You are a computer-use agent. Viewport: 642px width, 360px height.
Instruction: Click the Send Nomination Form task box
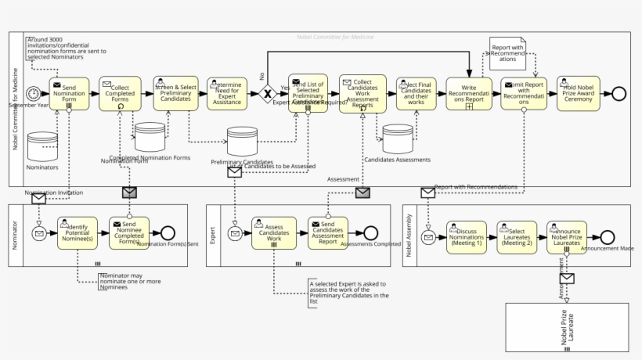pos(69,93)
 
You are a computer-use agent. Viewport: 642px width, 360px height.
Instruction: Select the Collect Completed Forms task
pos(120,93)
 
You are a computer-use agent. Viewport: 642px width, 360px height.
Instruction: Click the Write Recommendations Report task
pos(469,93)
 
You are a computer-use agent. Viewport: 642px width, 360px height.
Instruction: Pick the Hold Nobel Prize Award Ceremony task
pos(579,93)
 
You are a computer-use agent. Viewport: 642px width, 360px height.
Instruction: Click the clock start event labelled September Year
pos(33,93)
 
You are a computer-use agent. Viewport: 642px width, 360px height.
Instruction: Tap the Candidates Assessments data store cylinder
pos(398,139)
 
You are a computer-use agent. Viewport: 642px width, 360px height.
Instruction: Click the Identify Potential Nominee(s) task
pos(78,233)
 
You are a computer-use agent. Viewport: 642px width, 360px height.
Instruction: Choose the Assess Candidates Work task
pos(274,233)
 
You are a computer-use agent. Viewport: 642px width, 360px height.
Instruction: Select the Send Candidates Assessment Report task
pos(327,233)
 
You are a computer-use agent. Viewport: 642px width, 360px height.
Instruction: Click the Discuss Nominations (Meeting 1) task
pos(467,237)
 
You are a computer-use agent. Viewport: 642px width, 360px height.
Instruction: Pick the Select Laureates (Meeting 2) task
pos(517,237)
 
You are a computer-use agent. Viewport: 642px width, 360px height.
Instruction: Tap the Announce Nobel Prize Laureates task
pos(566,237)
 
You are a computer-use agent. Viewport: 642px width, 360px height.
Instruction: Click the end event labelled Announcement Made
pos(608,237)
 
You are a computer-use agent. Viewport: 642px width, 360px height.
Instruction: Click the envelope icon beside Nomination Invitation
pos(38,199)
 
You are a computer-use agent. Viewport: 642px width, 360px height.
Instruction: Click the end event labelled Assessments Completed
pos(370,233)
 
